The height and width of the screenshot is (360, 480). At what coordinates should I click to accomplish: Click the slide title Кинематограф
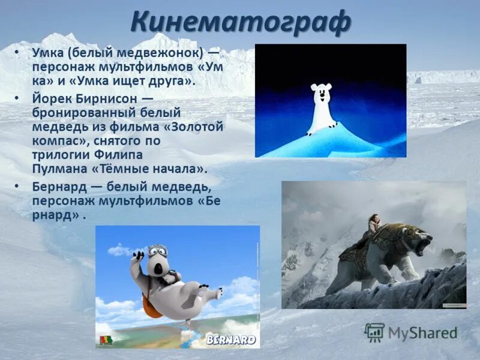[240, 23]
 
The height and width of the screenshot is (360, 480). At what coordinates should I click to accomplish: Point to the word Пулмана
[58, 169]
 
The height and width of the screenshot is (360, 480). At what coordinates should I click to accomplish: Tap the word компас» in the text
[59, 141]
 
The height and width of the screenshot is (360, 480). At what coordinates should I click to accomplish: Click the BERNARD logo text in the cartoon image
[230, 340]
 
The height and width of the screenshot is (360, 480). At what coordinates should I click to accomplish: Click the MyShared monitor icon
[374, 332]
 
